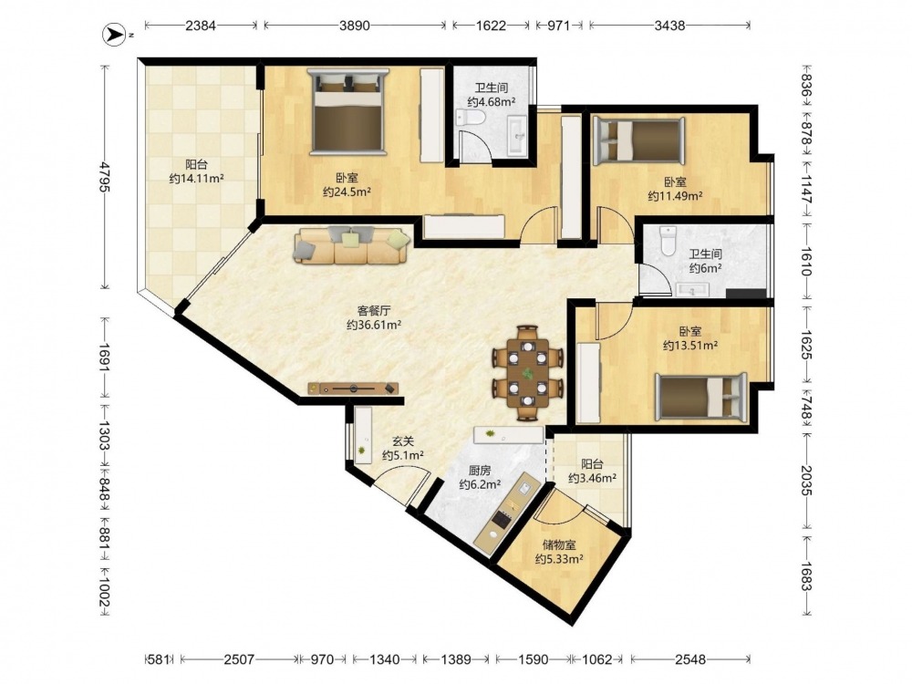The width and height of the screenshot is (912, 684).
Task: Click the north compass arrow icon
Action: (x=112, y=35)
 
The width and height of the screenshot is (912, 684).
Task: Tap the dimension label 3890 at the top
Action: (x=355, y=26)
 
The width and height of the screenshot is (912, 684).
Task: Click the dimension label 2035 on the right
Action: (x=806, y=481)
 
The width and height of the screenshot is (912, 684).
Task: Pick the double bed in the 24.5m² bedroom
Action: (x=347, y=111)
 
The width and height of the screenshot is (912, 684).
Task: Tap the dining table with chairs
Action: (x=528, y=372)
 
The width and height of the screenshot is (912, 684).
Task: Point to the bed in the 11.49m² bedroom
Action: (x=638, y=140)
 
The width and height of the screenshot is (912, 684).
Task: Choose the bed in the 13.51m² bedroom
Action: (x=700, y=397)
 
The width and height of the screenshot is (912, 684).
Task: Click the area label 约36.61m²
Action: (x=374, y=326)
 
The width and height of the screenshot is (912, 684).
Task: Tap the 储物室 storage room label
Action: (x=559, y=545)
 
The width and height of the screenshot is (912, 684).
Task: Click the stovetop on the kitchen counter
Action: (x=502, y=516)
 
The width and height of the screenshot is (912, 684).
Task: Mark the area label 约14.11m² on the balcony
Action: (x=197, y=179)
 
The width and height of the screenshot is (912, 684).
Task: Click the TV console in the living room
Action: (x=353, y=388)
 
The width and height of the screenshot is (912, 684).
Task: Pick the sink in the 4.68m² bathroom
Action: (x=517, y=136)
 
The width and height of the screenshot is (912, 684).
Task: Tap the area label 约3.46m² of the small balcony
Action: (x=592, y=479)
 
